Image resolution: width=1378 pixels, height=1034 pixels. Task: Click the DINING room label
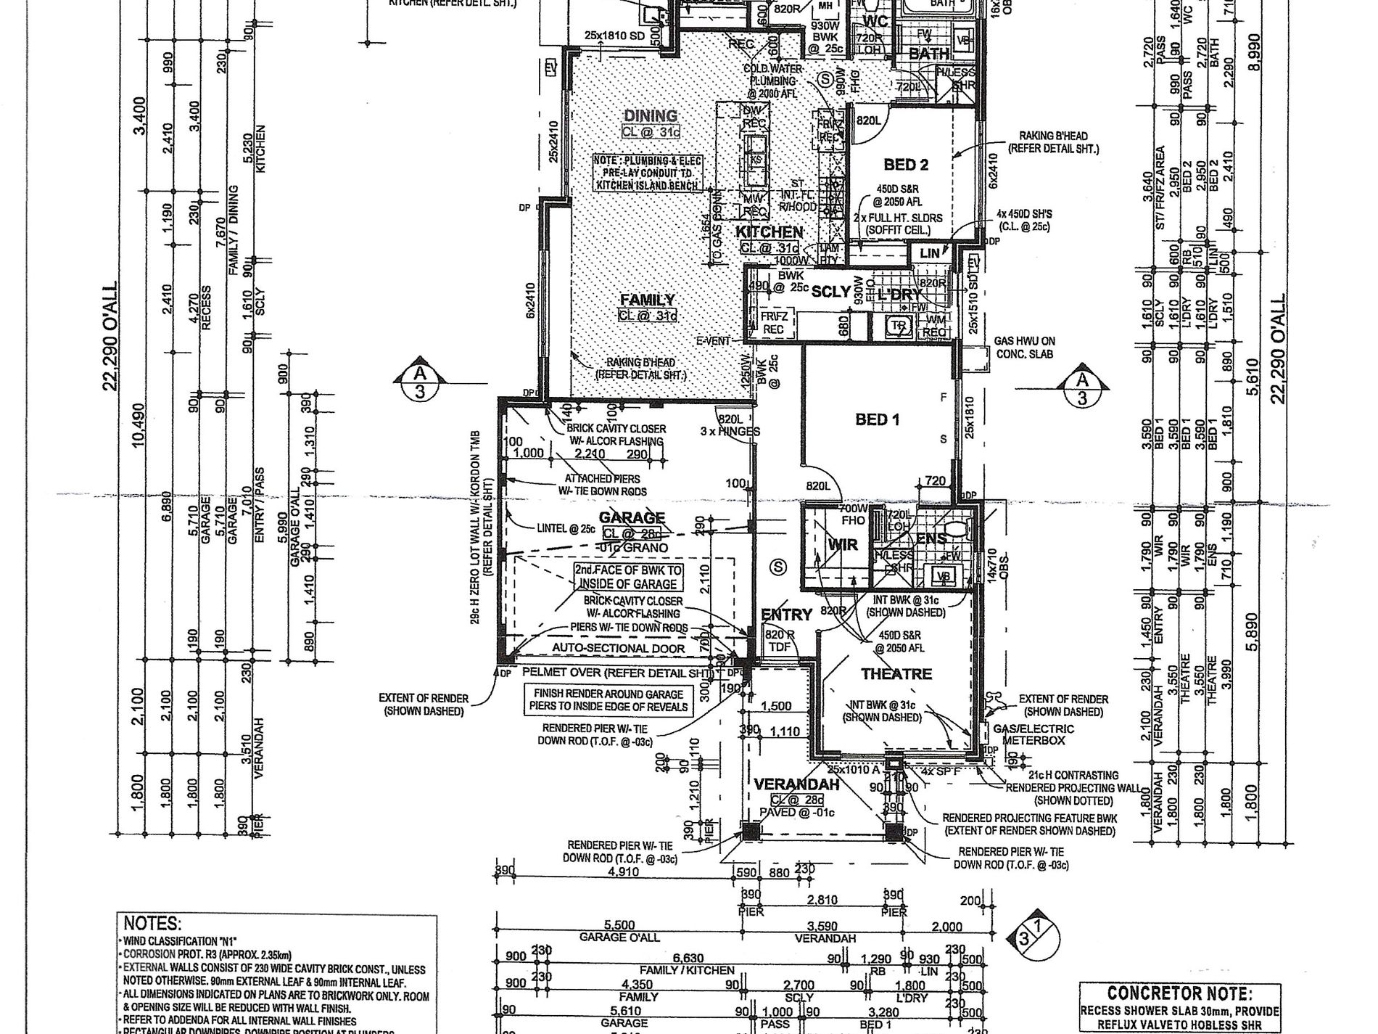[651, 115]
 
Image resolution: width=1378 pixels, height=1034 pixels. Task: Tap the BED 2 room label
[905, 164]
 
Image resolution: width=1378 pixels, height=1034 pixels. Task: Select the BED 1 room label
[877, 419]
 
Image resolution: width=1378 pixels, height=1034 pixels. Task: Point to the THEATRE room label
[896, 674]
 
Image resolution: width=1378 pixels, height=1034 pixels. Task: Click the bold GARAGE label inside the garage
[632, 517]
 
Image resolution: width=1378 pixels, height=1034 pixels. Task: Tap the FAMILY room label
[647, 300]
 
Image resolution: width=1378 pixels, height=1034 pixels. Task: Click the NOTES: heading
[151, 924]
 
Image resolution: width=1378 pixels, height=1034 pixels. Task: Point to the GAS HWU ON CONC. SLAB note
[1024, 347]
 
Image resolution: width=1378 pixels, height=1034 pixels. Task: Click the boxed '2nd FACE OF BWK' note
[627, 578]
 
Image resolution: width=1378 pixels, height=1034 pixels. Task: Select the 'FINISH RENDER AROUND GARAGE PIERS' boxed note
[609, 700]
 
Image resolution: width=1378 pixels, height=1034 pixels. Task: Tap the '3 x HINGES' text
[730, 431]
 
